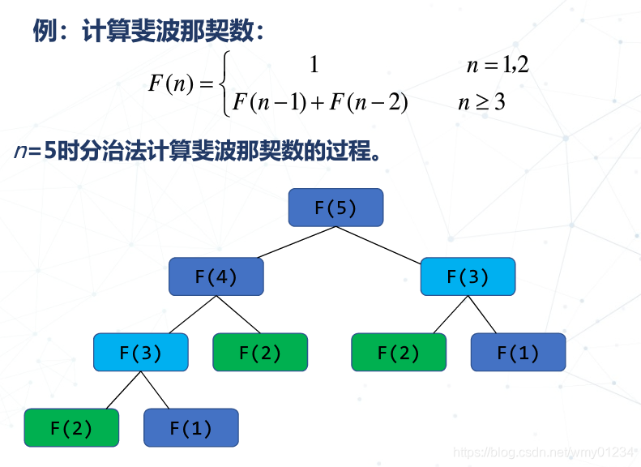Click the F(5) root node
(x=335, y=208)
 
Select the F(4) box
(x=216, y=276)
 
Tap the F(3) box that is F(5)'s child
(x=468, y=276)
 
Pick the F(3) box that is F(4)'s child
(x=140, y=352)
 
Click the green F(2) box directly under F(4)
(x=260, y=352)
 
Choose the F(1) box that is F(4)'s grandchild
(x=190, y=427)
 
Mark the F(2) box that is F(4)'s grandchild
(x=71, y=427)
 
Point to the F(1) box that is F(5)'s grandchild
(x=518, y=352)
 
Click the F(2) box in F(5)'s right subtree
(x=399, y=352)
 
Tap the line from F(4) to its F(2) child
(x=237, y=314)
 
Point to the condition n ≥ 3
(x=481, y=103)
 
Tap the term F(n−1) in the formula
(x=268, y=103)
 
